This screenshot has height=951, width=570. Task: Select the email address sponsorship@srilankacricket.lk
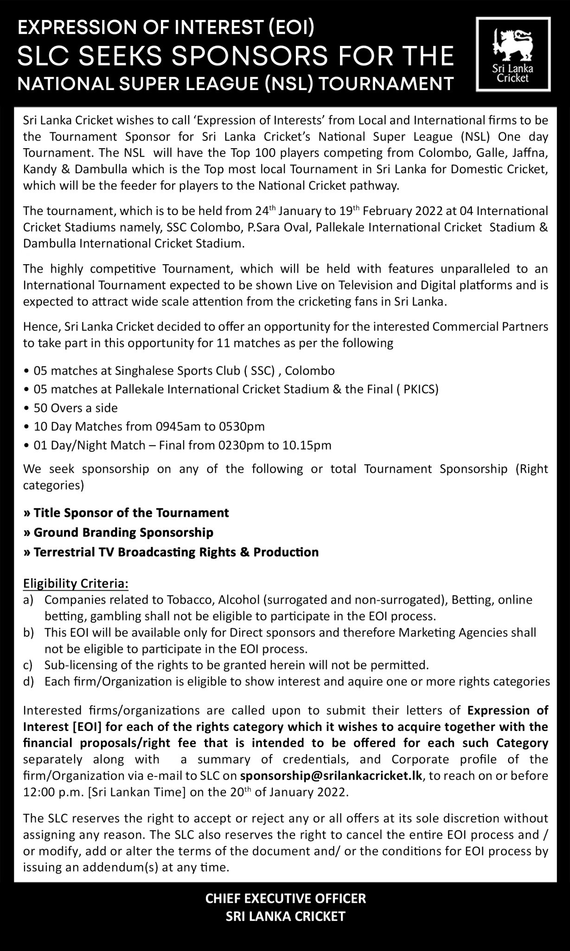[x=331, y=776]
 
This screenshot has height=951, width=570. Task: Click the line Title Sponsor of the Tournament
[x=126, y=513]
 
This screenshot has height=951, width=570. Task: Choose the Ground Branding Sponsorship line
[x=118, y=532]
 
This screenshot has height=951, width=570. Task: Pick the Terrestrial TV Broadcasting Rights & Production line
[x=171, y=552]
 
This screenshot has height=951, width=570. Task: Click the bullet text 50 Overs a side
[x=76, y=408]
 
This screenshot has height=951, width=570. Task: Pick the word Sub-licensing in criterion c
[x=74, y=665]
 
